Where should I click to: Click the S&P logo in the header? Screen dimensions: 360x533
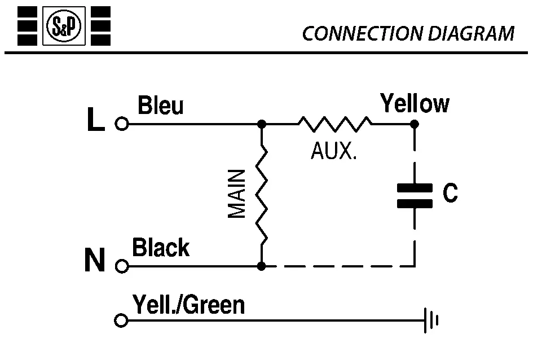click(x=64, y=26)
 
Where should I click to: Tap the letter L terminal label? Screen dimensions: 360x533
click(x=96, y=122)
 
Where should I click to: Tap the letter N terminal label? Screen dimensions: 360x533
click(x=95, y=262)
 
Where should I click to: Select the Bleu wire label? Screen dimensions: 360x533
click(x=161, y=107)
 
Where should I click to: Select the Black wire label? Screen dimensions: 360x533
click(x=161, y=248)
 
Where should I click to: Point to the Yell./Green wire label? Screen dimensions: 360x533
click(x=189, y=305)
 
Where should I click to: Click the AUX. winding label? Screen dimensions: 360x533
click(x=334, y=151)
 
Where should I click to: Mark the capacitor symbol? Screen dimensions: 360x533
click(x=415, y=195)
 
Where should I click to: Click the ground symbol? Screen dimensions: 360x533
click(x=431, y=321)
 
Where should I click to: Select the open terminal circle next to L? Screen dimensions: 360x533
click(x=121, y=124)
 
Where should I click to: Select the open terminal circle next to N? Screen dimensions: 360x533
click(x=121, y=265)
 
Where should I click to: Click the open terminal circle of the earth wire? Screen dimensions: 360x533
click(x=120, y=321)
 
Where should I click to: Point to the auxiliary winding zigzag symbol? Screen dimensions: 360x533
click(x=334, y=124)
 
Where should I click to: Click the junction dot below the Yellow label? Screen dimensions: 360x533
click(x=415, y=124)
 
